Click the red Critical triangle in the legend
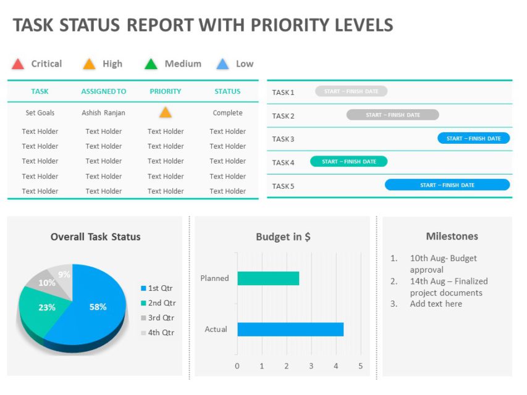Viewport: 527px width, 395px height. coord(18,64)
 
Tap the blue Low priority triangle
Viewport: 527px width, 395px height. coord(223,64)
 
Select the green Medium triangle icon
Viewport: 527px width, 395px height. coord(151,64)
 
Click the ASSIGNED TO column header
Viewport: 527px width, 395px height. coord(104,91)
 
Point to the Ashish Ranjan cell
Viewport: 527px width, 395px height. coord(104,113)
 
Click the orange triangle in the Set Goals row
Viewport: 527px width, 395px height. coord(165,112)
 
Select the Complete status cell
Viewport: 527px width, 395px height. coord(227,113)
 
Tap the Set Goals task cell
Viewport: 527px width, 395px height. coord(40,113)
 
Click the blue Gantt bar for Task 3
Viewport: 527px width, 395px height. coord(473,138)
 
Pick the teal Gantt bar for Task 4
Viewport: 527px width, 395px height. coord(348,162)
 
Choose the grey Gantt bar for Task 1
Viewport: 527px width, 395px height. coord(351,91)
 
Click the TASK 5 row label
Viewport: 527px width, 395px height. coord(283,186)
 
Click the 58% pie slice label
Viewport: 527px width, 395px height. coord(98,307)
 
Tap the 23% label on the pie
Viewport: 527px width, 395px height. coord(47,307)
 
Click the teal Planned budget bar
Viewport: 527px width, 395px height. coord(268,278)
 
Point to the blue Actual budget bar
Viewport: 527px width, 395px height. coord(290,329)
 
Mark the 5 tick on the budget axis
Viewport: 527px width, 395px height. coord(361,366)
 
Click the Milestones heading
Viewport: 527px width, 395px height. coord(452,236)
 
